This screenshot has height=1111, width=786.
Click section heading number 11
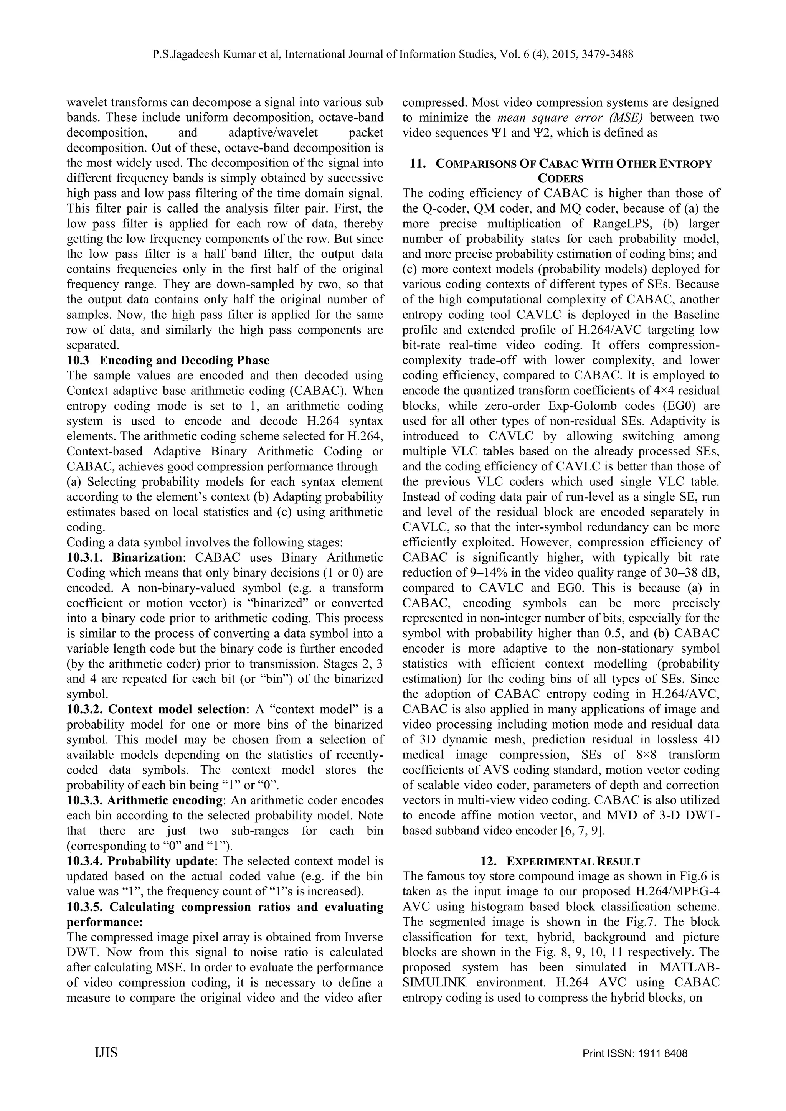point(417,163)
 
